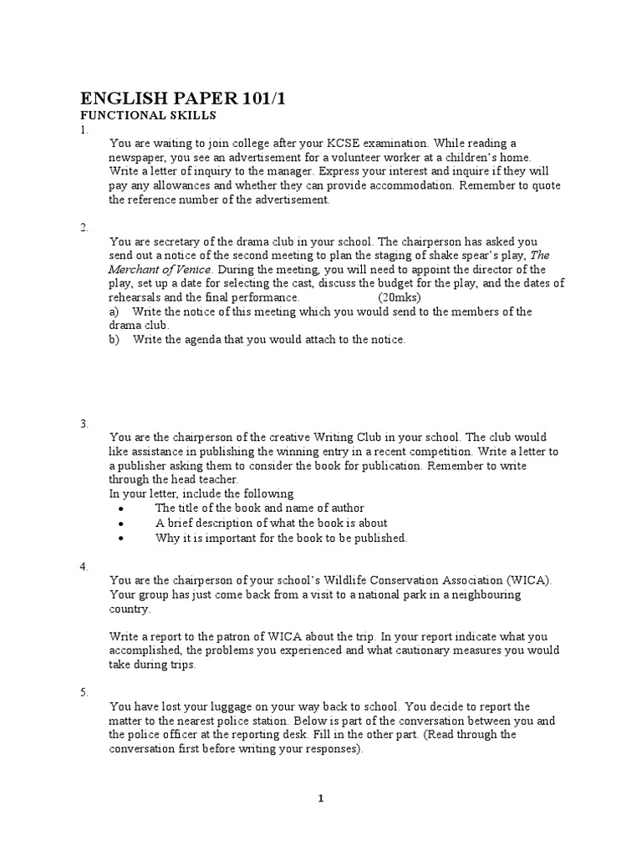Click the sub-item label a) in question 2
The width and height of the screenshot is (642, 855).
point(115,311)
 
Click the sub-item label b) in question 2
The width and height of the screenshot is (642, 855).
point(115,339)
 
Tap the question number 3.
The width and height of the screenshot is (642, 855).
point(84,423)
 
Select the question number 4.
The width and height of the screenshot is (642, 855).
point(84,566)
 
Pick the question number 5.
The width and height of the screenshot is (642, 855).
point(84,692)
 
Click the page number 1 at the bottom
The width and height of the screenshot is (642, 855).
point(321,798)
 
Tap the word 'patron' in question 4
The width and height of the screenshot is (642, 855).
point(253,636)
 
